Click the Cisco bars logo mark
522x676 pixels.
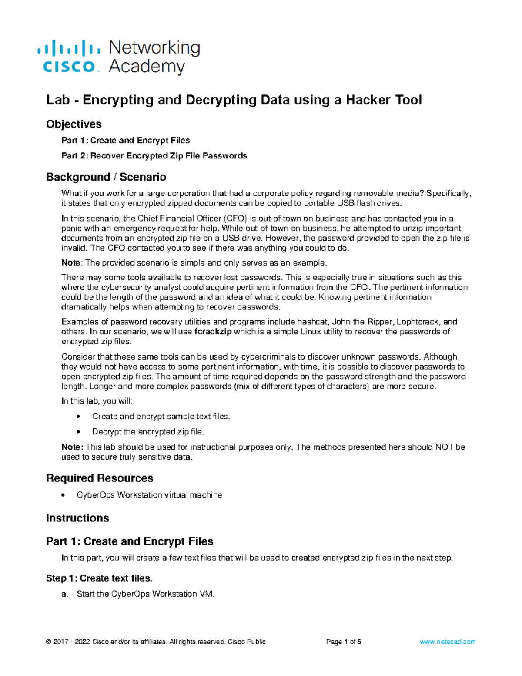[x=69, y=48]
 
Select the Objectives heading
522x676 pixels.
[x=74, y=124]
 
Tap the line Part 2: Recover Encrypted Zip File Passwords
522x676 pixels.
[x=154, y=156]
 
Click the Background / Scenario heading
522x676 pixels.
[x=106, y=177]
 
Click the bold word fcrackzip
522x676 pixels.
[x=213, y=332]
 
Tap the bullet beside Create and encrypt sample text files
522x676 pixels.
[x=78, y=417]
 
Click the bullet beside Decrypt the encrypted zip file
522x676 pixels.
[x=78, y=432]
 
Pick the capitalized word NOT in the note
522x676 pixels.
[x=444, y=447]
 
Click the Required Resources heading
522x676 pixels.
[x=100, y=478]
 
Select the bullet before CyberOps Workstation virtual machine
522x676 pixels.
[x=64, y=495]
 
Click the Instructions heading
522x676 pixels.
[x=77, y=518]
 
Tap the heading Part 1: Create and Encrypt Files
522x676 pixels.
[x=130, y=541]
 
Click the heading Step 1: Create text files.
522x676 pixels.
[x=99, y=578]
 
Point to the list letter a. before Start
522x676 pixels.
[x=65, y=594]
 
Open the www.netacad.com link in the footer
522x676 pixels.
[x=448, y=642]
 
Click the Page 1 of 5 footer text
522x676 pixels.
[x=344, y=642]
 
